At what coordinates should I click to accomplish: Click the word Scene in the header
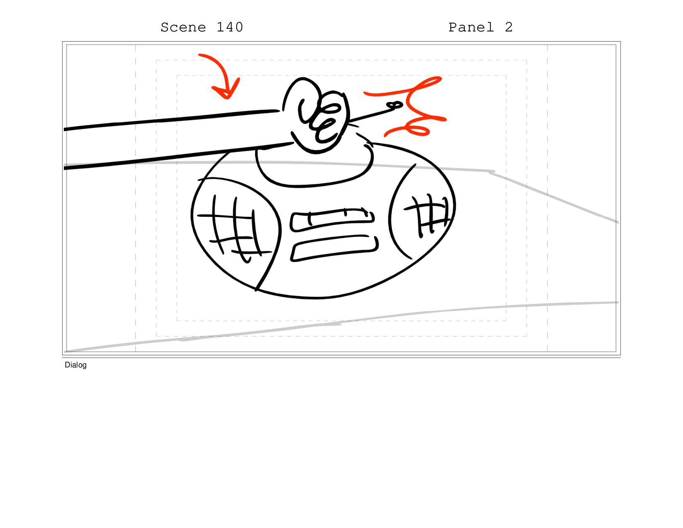click(x=183, y=28)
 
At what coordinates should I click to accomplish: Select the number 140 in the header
click(x=230, y=27)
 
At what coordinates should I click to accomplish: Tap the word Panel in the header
click(x=471, y=28)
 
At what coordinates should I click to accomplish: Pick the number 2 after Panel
click(x=509, y=27)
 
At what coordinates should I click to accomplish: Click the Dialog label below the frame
click(x=75, y=365)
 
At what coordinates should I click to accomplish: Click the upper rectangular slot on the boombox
click(x=332, y=220)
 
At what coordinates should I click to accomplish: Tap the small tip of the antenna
click(x=395, y=105)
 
